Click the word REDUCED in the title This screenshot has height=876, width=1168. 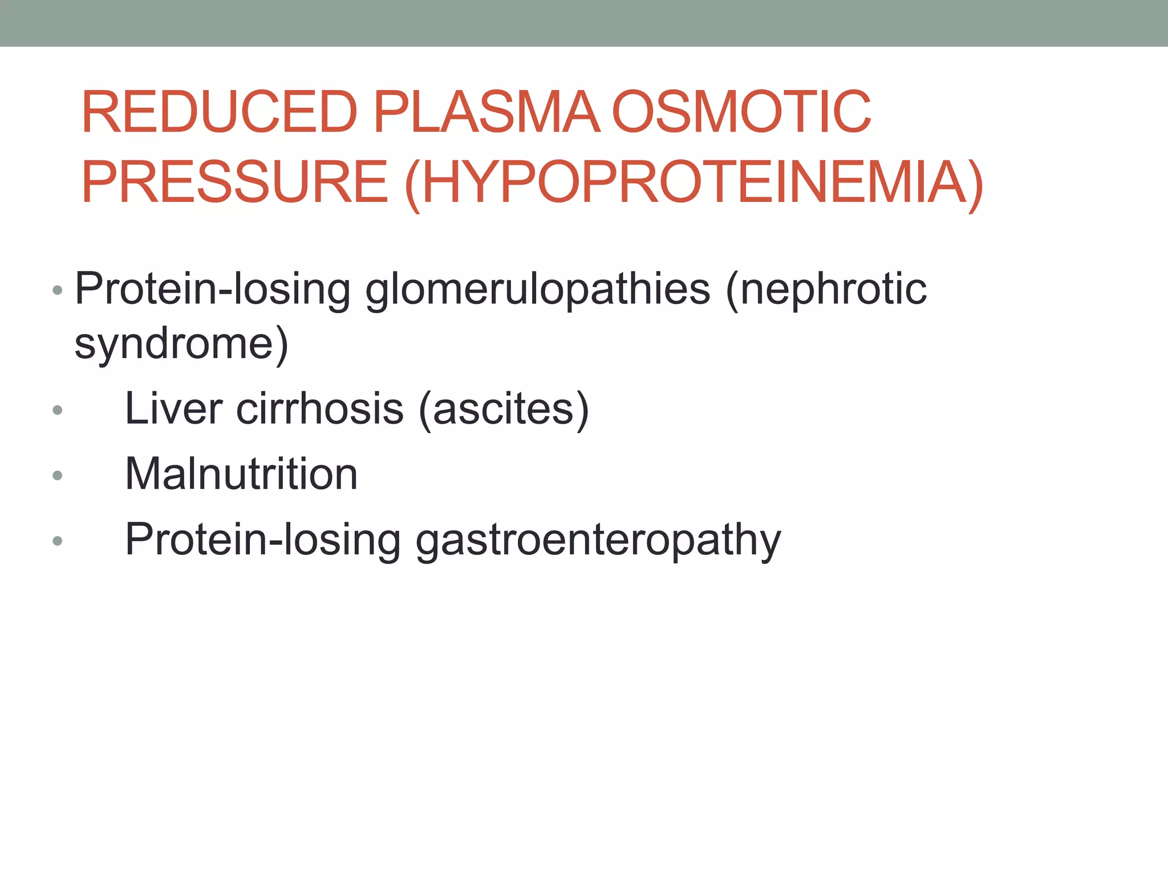(x=220, y=112)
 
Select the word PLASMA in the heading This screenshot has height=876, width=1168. (x=487, y=112)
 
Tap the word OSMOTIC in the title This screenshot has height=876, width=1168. (x=741, y=112)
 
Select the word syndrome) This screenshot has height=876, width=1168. (x=181, y=345)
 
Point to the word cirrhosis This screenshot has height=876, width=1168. (x=320, y=409)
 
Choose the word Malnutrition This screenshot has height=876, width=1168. (x=241, y=474)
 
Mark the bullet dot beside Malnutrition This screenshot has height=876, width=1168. (x=57, y=475)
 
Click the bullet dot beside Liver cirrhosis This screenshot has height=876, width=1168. (x=57, y=409)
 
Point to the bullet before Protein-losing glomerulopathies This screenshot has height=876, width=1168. (x=57, y=290)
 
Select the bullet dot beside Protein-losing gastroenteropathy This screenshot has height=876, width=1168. (x=57, y=541)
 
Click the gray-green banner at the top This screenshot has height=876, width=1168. (x=584, y=23)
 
